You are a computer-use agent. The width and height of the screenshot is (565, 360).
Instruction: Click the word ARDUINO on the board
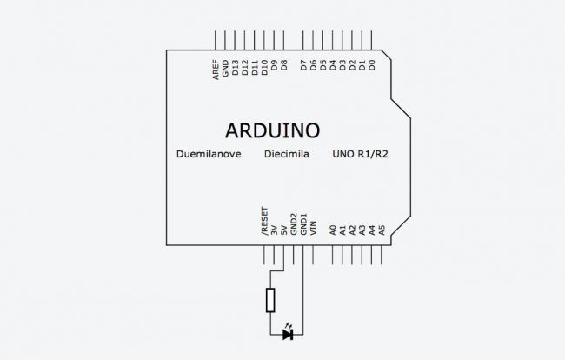point(272,130)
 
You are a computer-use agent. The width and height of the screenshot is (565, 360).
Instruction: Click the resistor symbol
point(271,300)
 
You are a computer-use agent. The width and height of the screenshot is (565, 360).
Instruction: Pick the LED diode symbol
point(288,334)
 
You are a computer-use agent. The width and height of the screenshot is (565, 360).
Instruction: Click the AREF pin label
point(216,70)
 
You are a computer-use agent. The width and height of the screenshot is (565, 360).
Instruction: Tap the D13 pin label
point(235,69)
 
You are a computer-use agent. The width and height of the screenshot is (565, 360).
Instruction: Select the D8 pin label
point(284,65)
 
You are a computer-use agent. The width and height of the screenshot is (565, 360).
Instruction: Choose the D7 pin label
point(303,65)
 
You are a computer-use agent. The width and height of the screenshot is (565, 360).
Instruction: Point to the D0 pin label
point(373,65)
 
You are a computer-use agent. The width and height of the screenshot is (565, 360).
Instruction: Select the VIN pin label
point(313,229)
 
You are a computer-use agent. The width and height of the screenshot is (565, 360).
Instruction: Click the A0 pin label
point(333,231)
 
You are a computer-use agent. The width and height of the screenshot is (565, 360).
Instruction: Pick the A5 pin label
point(382,231)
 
